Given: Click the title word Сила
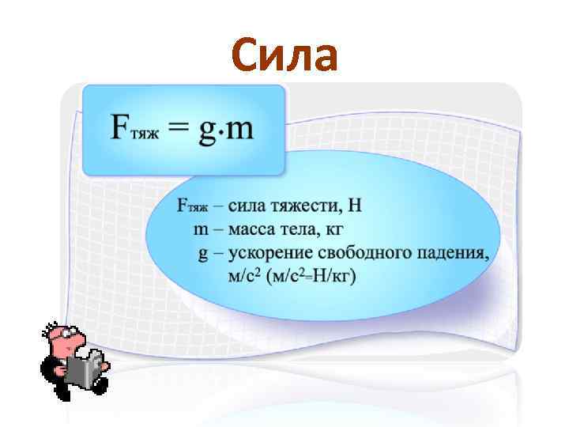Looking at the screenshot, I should point(285,55).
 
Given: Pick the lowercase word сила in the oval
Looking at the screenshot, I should point(248,207).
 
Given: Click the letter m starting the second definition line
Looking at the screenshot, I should point(201,230).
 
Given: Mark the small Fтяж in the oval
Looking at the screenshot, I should point(192,207).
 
